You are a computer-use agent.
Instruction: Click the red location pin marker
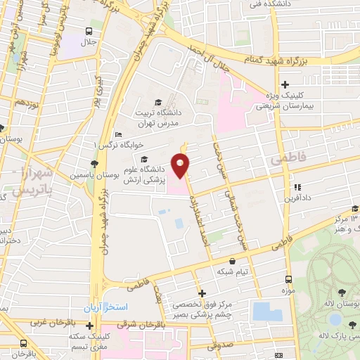coord(181,166)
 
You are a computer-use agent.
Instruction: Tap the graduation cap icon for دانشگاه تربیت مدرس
coord(157,102)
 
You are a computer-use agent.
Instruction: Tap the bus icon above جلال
coord(88,31)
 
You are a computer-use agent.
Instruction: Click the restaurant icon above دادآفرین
coord(298,188)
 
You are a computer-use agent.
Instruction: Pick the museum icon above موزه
coord(287,280)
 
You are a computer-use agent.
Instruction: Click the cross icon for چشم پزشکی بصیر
coord(202,293)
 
